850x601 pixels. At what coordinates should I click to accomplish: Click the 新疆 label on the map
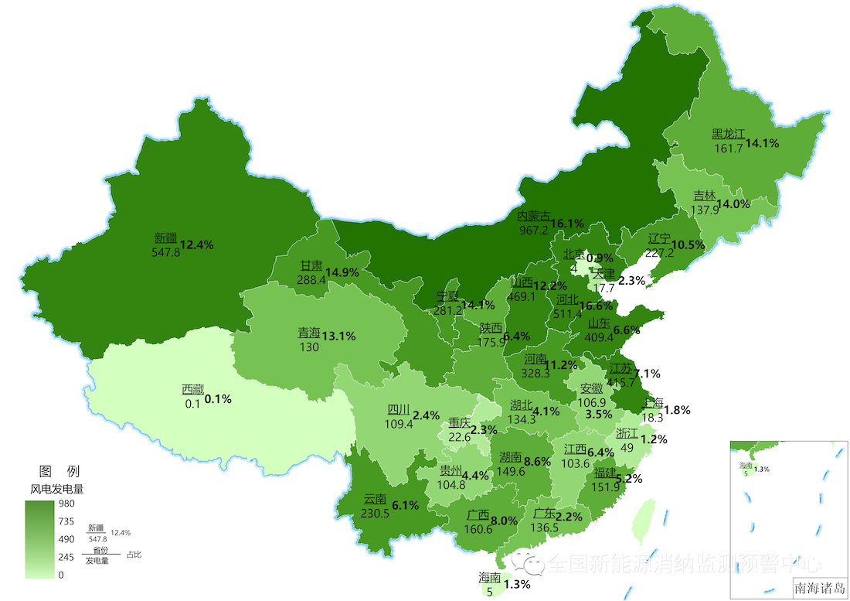tap(166, 238)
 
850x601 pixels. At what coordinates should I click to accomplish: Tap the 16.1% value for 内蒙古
tap(566, 223)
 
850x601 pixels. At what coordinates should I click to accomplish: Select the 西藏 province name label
tap(193, 389)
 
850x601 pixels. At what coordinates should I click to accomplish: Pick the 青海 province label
tap(309, 333)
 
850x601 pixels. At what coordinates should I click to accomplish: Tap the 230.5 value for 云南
tap(376, 512)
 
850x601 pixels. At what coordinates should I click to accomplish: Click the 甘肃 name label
tap(311, 265)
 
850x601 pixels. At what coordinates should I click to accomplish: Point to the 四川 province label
tap(399, 410)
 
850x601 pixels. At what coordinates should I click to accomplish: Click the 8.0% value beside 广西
tap(503, 521)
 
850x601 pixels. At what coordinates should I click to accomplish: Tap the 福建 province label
tap(605, 473)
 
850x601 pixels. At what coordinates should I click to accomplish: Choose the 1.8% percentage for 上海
tap(677, 410)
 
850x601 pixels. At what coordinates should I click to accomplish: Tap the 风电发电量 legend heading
tap(56, 489)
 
